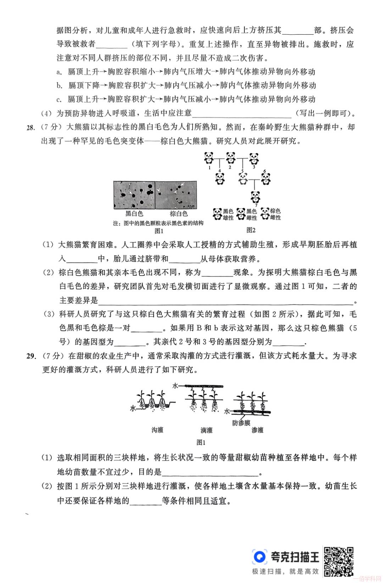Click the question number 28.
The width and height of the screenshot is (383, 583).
[x=31, y=127]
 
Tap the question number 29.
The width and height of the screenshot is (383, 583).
[x=31, y=356]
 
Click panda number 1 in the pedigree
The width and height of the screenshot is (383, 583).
[x=209, y=158]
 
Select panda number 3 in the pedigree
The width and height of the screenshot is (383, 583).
[x=254, y=158]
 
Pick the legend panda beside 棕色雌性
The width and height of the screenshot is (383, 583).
[x=265, y=214]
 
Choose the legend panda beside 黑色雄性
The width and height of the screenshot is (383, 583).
[x=217, y=214]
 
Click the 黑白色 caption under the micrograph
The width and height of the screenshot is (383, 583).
[x=134, y=214]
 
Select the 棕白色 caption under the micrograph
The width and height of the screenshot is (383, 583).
[x=178, y=214]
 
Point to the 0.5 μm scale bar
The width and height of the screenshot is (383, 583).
[x=190, y=206]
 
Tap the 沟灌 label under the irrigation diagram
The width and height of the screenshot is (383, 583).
[x=157, y=430]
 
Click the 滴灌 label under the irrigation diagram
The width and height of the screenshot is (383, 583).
[x=206, y=430]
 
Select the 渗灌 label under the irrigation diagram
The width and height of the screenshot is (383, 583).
[x=257, y=430]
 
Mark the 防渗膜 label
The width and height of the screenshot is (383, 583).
[x=241, y=423]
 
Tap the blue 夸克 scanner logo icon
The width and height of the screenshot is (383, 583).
[x=260, y=556]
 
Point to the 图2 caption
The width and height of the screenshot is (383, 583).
[x=251, y=230]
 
